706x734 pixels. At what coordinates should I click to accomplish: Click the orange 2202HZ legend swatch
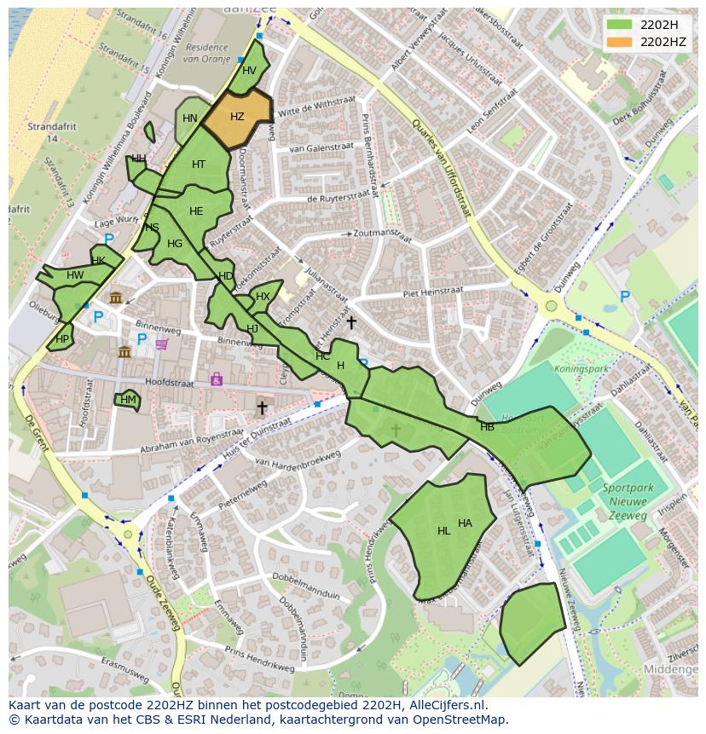point(620,41)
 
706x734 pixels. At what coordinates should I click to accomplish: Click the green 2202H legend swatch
point(620,24)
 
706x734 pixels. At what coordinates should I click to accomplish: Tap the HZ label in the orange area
point(237,117)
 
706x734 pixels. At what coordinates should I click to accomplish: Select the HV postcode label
point(249,71)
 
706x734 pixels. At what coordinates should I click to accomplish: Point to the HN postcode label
point(190,118)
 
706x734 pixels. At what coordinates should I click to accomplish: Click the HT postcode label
point(199,165)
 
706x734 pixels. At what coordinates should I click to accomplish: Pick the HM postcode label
point(128,399)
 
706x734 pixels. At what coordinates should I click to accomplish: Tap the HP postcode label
point(61,338)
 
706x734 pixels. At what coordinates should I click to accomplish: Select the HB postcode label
point(487,427)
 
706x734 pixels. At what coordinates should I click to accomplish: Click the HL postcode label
point(443,531)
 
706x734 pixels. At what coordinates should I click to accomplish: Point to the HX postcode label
point(263,297)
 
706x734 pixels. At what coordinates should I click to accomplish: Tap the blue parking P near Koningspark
point(625,297)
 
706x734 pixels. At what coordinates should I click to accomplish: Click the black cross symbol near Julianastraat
point(351,322)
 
